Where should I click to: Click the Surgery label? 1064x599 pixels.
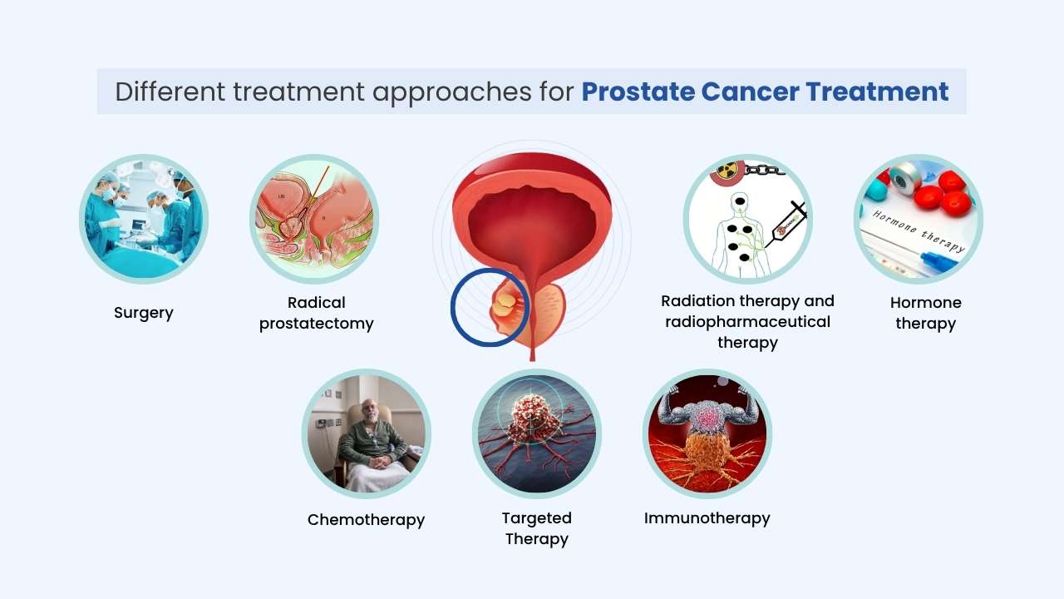144,313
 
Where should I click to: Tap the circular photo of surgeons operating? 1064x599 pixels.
143,219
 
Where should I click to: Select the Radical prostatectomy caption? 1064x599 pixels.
316,313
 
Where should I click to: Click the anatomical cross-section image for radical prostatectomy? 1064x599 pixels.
314,219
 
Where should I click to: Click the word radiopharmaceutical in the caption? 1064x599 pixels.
747,322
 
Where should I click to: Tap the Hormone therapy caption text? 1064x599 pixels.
925,313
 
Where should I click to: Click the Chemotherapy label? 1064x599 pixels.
366,520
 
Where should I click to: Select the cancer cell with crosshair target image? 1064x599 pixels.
536,433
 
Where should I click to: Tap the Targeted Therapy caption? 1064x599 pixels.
536,528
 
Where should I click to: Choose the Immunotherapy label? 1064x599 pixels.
707,518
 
